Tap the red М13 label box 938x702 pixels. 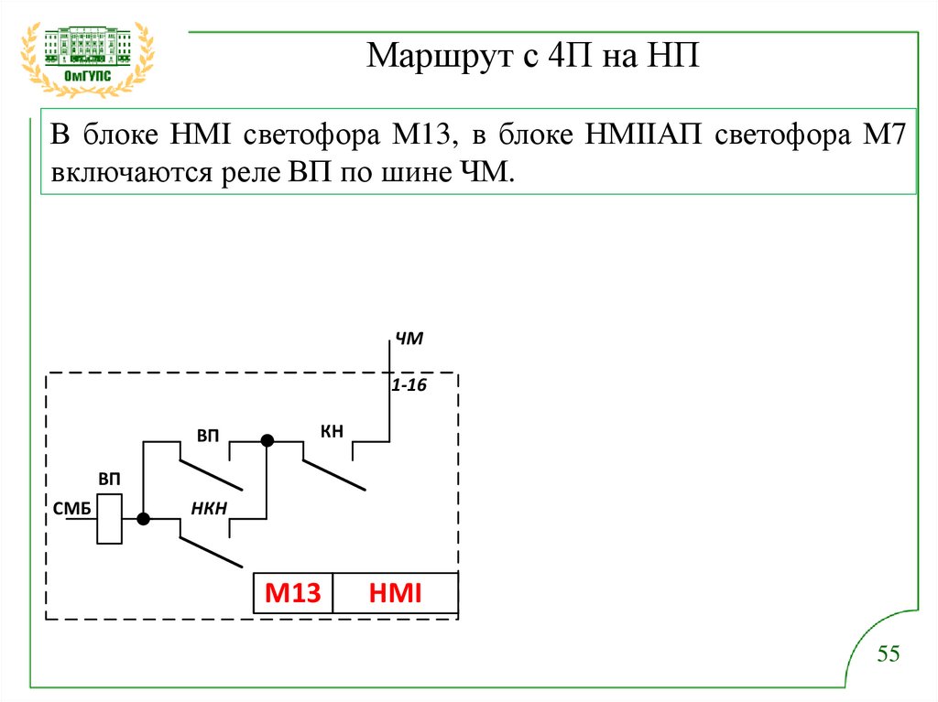point(293,594)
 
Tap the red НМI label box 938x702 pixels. point(395,594)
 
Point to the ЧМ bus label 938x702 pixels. point(409,340)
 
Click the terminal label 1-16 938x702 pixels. point(409,386)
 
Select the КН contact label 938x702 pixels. point(332,430)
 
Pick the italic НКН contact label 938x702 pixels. point(209,509)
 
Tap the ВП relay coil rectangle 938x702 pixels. point(110,519)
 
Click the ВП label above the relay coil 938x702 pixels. point(110,480)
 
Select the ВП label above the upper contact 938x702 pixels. point(208,433)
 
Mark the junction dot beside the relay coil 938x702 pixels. point(143,519)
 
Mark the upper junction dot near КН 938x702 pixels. point(267,440)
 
